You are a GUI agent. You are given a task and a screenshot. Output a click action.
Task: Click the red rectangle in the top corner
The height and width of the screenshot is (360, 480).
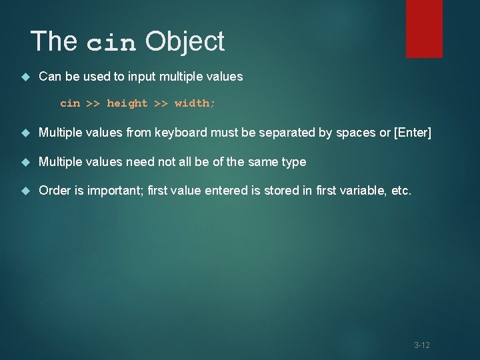tap(424, 28)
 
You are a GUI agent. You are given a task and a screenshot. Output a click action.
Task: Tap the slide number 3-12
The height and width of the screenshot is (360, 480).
tap(421, 345)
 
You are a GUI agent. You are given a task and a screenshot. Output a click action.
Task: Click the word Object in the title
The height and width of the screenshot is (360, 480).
tap(185, 41)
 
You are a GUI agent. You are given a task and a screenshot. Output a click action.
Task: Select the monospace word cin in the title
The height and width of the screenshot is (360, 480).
tap(111, 43)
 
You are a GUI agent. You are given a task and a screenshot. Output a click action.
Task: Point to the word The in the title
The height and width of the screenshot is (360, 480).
tap(54, 41)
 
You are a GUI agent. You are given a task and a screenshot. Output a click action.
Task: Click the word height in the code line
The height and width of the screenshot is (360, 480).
tap(127, 103)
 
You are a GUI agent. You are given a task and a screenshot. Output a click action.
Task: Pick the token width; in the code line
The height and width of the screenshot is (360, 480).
tap(195, 103)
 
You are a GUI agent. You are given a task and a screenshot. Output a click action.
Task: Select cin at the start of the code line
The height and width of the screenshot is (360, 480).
tap(69, 103)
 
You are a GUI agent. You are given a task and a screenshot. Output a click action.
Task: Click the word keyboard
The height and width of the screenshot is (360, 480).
tap(181, 133)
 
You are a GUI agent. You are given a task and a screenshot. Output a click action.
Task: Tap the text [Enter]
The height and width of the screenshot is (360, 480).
tap(413, 133)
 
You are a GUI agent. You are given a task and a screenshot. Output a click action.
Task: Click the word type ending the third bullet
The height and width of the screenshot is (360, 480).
tap(293, 162)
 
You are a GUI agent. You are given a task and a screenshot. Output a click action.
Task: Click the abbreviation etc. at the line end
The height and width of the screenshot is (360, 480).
tap(401, 191)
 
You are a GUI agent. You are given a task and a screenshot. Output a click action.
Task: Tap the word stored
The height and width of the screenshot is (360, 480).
tap(275, 191)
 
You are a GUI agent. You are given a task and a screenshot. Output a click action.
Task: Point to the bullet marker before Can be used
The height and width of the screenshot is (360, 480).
tap(26, 77)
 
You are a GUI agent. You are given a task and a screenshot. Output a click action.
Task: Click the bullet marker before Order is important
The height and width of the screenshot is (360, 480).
tap(26, 191)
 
